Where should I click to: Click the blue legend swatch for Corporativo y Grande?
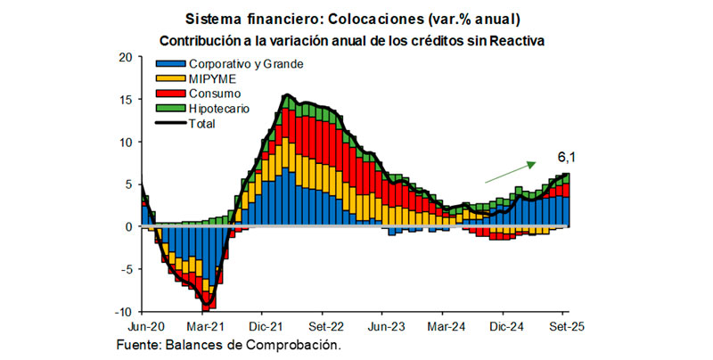[170, 64]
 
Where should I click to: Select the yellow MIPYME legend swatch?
[170, 78]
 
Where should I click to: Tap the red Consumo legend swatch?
[170, 94]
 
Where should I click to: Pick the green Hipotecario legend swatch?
[170, 109]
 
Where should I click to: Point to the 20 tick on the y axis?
[125, 58]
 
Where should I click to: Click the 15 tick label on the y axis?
[125, 100]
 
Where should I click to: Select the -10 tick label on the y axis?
[123, 312]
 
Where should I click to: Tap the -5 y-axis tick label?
[126, 269]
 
